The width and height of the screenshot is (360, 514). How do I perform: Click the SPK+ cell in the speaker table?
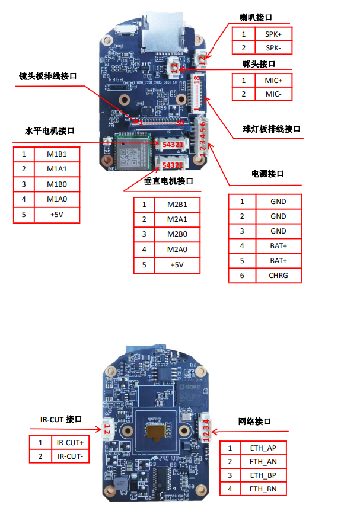click(273, 34)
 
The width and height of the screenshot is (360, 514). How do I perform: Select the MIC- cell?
click(273, 94)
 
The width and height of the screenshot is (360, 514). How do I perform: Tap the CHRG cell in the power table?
click(278, 275)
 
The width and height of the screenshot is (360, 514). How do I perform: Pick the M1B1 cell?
click(56, 154)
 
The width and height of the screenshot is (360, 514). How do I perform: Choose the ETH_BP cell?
click(263, 475)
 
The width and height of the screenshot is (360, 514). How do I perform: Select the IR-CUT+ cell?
click(70, 442)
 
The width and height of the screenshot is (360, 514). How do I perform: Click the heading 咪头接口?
click(259, 63)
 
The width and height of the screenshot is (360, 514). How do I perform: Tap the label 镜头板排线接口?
click(48, 76)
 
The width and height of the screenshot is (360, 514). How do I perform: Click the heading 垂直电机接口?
click(168, 181)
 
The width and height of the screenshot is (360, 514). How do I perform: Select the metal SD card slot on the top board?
click(160, 33)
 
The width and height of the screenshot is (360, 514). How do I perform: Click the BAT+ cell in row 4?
click(278, 245)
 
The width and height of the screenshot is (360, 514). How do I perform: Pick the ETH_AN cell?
click(263, 461)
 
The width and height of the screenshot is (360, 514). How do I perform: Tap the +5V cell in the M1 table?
click(56, 215)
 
